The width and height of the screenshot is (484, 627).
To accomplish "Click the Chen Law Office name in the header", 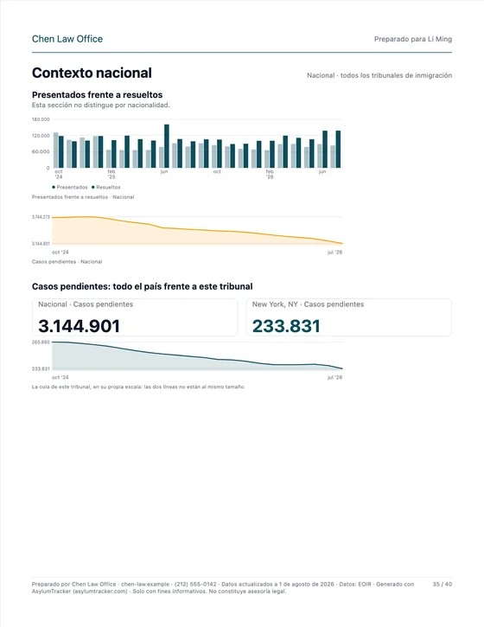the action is (67, 39).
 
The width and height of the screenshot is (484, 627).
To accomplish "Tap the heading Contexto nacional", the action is (92, 73).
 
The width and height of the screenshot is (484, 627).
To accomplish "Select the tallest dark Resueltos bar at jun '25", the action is (167, 146).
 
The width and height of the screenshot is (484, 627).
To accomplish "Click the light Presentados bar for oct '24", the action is (56, 150).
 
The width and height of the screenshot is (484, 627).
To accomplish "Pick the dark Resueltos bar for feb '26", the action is (272, 154).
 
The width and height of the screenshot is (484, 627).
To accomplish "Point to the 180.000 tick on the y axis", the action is (41, 119).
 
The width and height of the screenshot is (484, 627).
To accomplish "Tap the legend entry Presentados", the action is (70, 187).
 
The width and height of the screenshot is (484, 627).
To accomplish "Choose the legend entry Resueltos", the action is (106, 187).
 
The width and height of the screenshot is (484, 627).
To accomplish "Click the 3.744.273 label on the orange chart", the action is (41, 217).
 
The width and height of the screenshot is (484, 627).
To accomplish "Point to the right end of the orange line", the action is (342, 243).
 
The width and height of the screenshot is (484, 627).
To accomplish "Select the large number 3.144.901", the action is (80, 326).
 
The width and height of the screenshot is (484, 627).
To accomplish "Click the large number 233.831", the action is (286, 326).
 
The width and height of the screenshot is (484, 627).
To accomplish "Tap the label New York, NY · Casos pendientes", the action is (308, 304).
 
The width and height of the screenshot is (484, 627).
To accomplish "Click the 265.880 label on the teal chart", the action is (41, 342).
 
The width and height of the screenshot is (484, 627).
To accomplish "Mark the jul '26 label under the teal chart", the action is (335, 377).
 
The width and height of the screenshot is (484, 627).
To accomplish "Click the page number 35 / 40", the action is (443, 585).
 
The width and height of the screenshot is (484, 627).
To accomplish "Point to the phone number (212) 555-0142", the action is (195, 585).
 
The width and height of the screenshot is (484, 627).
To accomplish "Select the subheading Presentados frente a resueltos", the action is (97, 95).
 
